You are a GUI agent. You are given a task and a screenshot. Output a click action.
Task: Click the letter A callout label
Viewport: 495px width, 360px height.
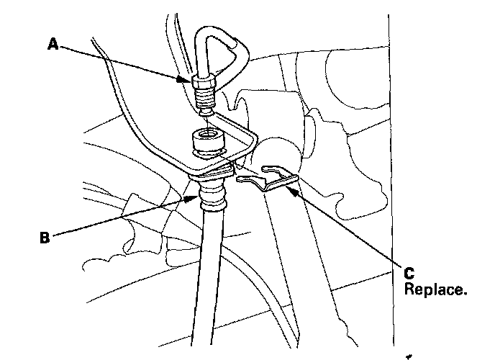(52, 45)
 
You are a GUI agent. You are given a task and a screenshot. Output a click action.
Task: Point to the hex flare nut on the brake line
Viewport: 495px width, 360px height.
(204, 89)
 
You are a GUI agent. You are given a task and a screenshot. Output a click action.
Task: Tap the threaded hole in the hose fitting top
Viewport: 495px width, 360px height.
(205, 134)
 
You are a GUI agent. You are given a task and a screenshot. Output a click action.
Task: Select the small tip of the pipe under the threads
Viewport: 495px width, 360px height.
(205, 112)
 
